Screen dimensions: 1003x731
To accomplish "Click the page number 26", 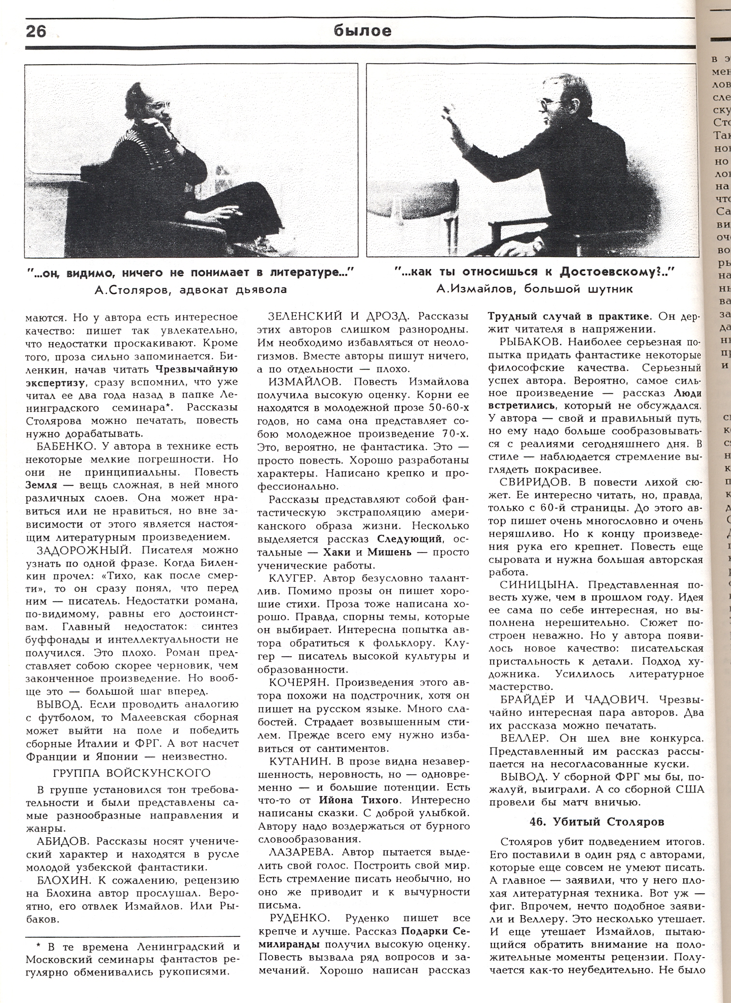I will (x=36, y=31).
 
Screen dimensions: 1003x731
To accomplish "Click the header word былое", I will (x=362, y=31).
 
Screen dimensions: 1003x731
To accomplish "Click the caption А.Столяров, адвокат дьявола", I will (x=191, y=290).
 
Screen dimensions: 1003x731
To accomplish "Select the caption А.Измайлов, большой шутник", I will (x=534, y=289).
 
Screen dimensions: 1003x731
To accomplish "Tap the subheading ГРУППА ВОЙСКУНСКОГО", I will (x=132, y=773).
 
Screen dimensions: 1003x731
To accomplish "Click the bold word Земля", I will (x=41, y=485).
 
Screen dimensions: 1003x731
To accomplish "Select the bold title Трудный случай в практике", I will (x=569, y=317).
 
